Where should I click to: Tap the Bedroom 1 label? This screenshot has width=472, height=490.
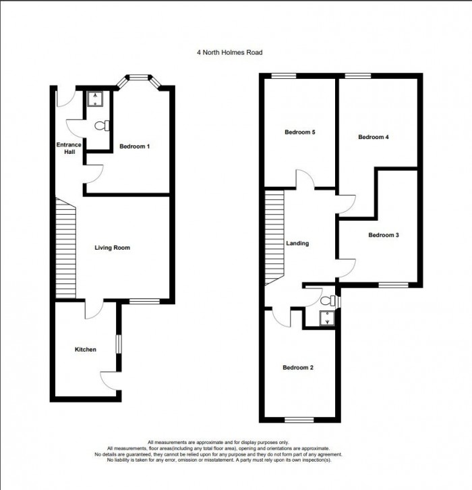tap(134, 146)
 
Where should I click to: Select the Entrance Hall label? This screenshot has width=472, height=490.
tap(69, 148)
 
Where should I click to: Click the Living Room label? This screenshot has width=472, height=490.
tap(112, 248)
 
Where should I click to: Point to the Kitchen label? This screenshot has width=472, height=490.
tap(85, 350)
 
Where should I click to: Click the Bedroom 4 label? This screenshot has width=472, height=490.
tap(373, 137)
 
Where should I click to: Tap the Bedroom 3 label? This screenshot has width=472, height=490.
tap(384, 236)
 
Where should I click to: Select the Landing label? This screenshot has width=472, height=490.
tap(297, 244)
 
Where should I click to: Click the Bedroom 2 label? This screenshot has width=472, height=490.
tap(297, 368)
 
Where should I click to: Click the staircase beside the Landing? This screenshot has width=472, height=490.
tap(275, 240)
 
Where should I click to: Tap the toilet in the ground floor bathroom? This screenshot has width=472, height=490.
tap(100, 125)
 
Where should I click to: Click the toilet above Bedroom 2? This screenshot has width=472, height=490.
tap(328, 301)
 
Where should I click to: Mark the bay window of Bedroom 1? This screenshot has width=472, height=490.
tap(139, 78)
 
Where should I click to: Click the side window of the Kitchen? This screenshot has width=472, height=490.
tap(119, 343)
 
